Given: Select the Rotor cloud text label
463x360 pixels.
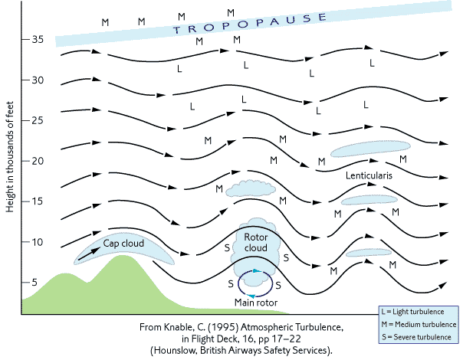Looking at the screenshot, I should click(255, 244).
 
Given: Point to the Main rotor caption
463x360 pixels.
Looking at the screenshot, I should click(255, 303).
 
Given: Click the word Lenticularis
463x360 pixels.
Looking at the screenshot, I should click(369, 176).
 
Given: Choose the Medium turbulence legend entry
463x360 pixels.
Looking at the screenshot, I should click(422, 326).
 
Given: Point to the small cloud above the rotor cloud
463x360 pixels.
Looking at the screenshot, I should click(248, 188).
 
